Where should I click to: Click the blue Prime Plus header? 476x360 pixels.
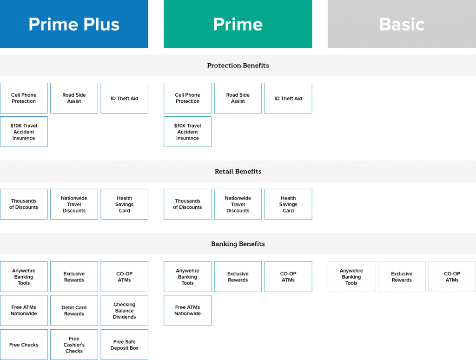click(x=74, y=24)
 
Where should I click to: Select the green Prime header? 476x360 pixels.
click(x=238, y=24)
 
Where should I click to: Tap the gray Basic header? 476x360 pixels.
click(x=402, y=24)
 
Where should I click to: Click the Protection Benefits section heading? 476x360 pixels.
click(x=238, y=65)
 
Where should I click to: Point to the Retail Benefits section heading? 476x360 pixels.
click(x=238, y=171)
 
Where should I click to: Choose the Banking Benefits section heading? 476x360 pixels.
click(x=238, y=244)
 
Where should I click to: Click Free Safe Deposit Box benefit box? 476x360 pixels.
click(x=125, y=345)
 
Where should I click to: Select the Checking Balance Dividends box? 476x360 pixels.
click(x=125, y=311)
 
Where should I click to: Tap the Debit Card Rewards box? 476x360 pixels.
click(x=74, y=311)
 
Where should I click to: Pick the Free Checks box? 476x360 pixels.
click(x=24, y=345)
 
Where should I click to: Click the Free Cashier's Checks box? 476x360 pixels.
click(x=74, y=345)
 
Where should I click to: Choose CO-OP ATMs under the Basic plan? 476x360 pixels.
click(x=452, y=277)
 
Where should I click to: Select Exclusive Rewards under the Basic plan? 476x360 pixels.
click(x=402, y=277)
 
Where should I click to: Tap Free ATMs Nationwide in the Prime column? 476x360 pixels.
click(x=188, y=311)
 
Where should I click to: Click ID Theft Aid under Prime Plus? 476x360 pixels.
click(x=125, y=98)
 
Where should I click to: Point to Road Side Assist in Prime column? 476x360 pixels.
click(x=238, y=98)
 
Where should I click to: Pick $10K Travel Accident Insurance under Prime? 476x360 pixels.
click(x=188, y=132)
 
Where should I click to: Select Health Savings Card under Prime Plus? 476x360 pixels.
click(x=125, y=204)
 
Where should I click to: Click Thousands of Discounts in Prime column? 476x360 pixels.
click(x=188, y=204)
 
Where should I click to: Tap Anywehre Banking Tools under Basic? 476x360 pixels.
click(x=351, y=277)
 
